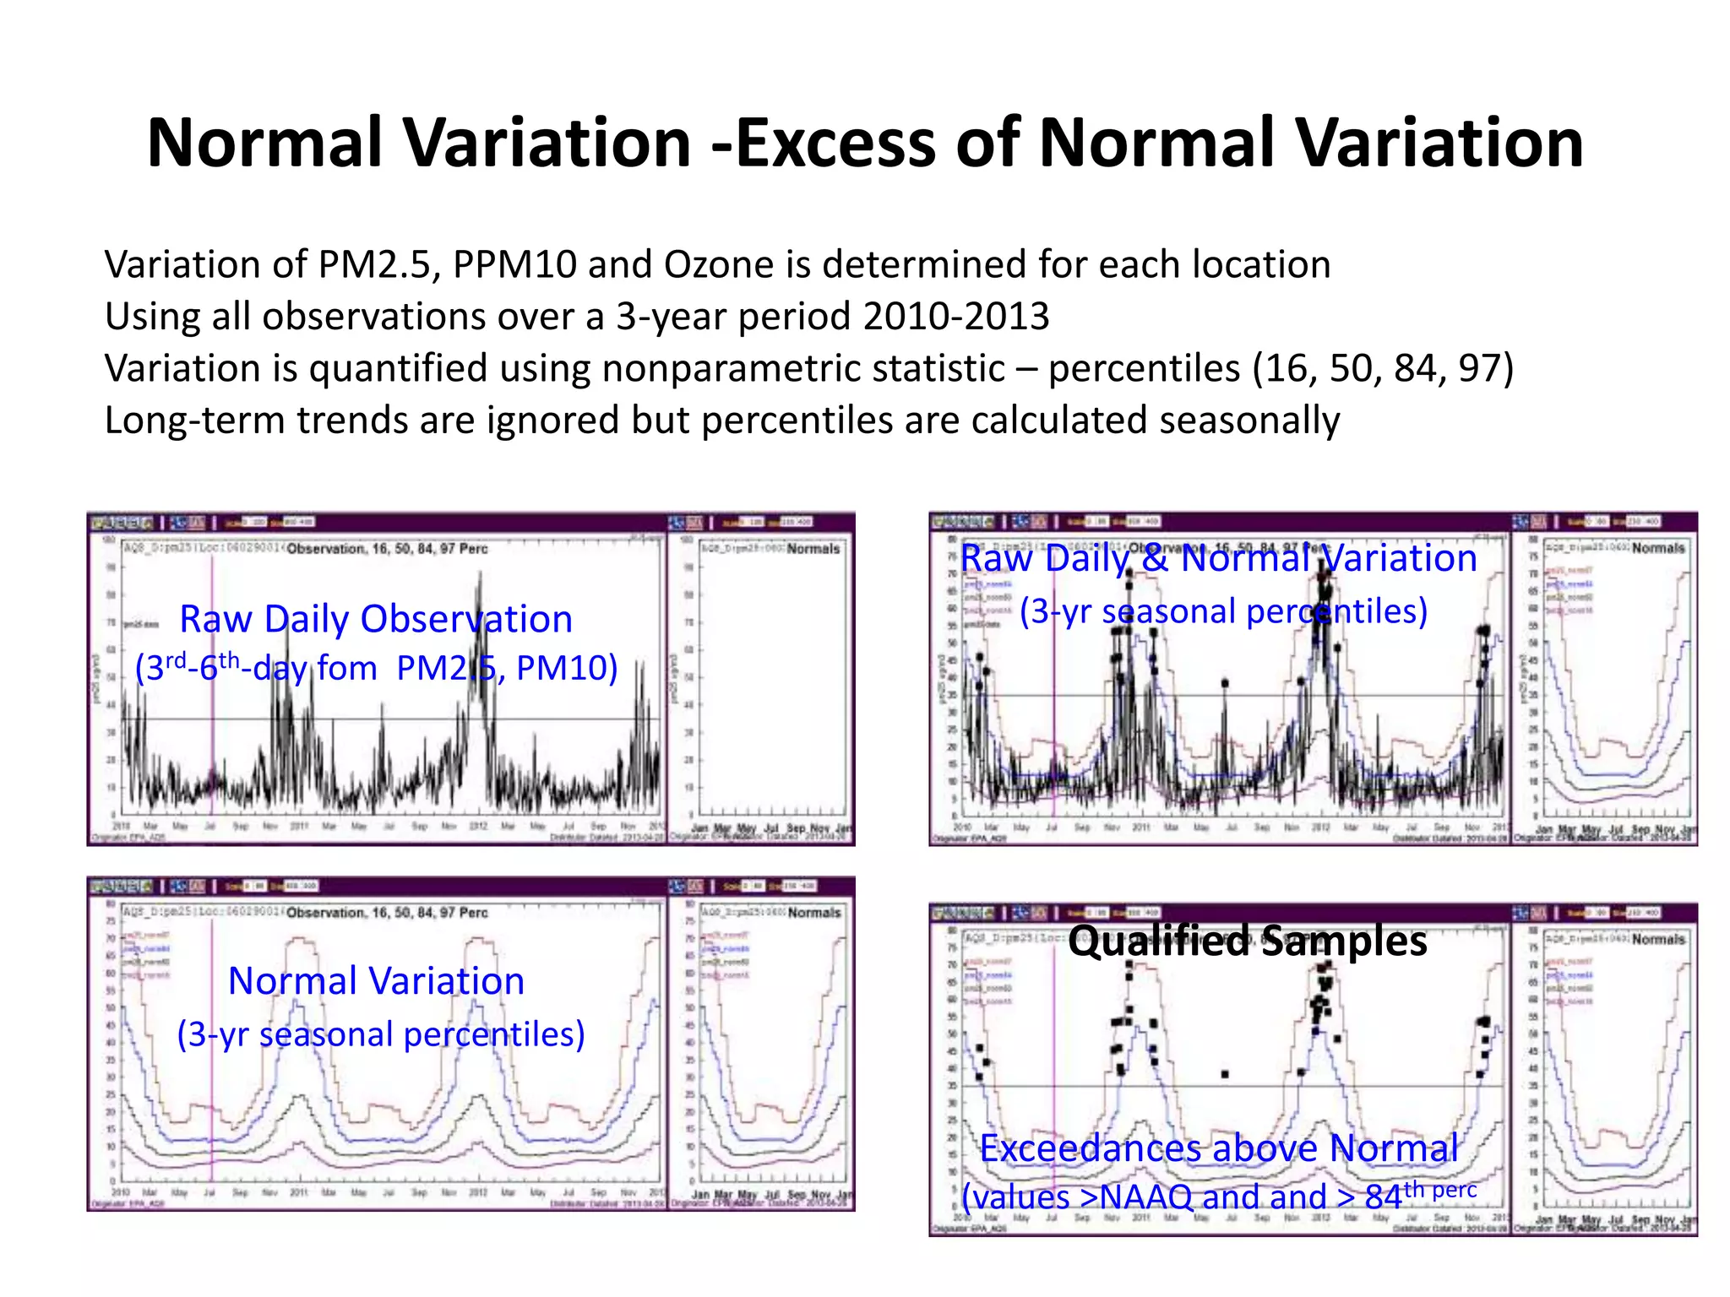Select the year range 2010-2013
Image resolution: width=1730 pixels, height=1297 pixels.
tap(956, 317)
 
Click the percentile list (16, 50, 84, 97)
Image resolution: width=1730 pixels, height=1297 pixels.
tap(1383, 369)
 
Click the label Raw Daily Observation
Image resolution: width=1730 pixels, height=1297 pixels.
tap(376, 619)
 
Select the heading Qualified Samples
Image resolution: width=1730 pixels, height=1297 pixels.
tap(1247, 941)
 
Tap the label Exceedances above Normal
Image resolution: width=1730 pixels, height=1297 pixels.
tap(1218, 1148)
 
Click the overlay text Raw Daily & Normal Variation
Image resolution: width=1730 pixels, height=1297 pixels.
tap(1218, 559)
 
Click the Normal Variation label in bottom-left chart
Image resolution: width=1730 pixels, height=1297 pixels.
tap(376, 981)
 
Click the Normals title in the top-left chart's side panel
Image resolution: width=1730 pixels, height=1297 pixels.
tap(813, 549)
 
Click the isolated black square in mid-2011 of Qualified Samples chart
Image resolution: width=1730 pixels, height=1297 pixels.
tap(1225, 1074)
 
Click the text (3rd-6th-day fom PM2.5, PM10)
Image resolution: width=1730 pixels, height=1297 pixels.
tap(376, 668)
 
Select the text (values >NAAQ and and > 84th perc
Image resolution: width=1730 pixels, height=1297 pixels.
tap(1218, 1197)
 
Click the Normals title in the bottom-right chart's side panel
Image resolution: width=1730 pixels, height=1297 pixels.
tap(1657, 939)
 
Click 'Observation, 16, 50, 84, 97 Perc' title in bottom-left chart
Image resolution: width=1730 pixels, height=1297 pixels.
tap(387, 913)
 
